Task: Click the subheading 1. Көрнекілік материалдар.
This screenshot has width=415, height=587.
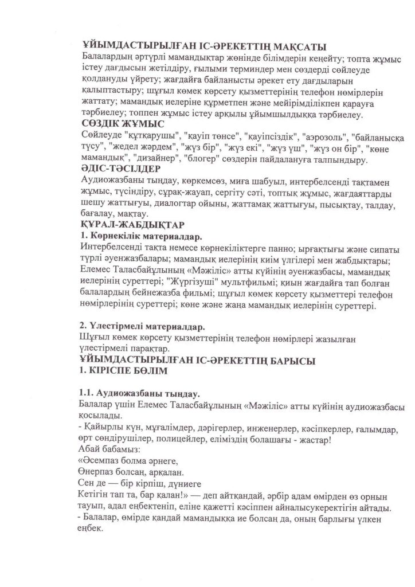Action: tap(141, 235)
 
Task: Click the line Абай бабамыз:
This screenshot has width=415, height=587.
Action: tap(108, 451)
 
